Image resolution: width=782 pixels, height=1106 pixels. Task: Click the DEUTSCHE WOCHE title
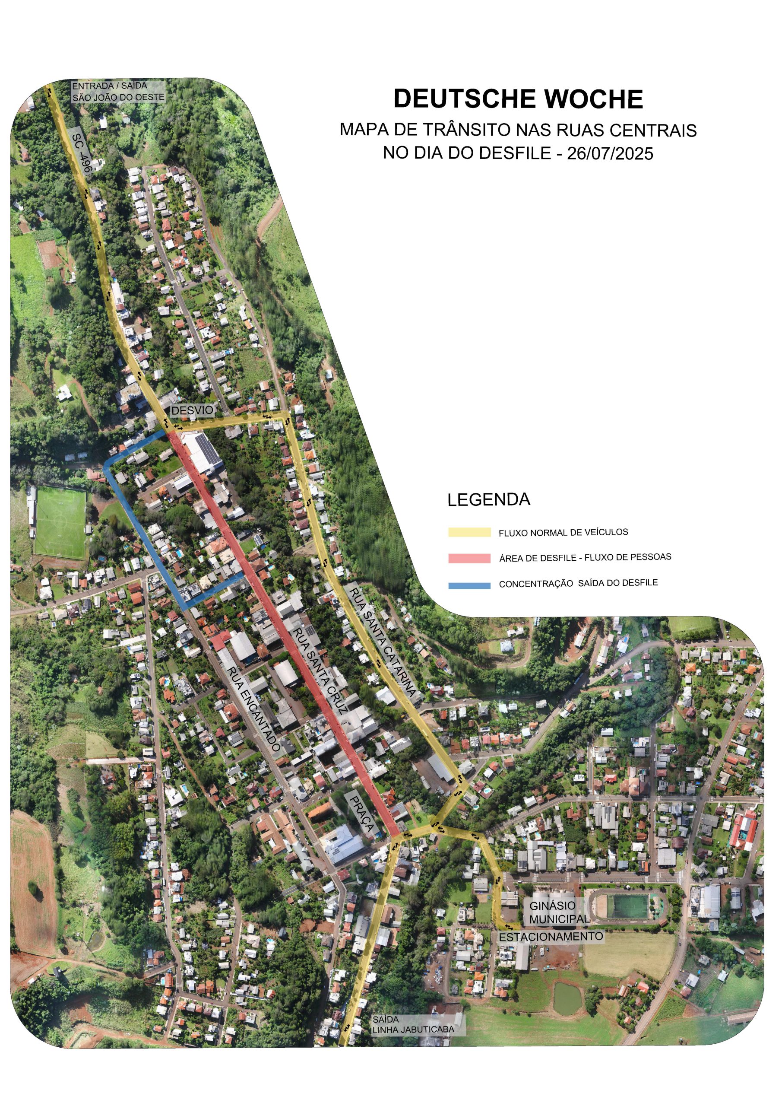pos(518,99)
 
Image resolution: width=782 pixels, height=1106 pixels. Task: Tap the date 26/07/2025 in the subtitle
pos(610,154)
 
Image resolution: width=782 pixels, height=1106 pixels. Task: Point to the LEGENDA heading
pos(489,500)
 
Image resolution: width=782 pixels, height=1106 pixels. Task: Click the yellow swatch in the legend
pos(469,533)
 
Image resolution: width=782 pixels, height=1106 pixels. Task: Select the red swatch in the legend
pos(469,558)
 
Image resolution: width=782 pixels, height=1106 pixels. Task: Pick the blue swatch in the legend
pos(469,586)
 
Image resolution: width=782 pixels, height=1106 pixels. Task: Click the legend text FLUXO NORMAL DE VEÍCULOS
pos(564,533)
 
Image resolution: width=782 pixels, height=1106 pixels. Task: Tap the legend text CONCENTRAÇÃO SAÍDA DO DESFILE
pos(578,583)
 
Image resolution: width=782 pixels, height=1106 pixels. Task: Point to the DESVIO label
pos(192,410)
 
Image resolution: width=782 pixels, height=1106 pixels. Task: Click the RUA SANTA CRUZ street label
pos(320,670)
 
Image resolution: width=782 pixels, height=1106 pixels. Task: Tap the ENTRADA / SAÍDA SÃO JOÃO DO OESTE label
pos(118,92)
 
